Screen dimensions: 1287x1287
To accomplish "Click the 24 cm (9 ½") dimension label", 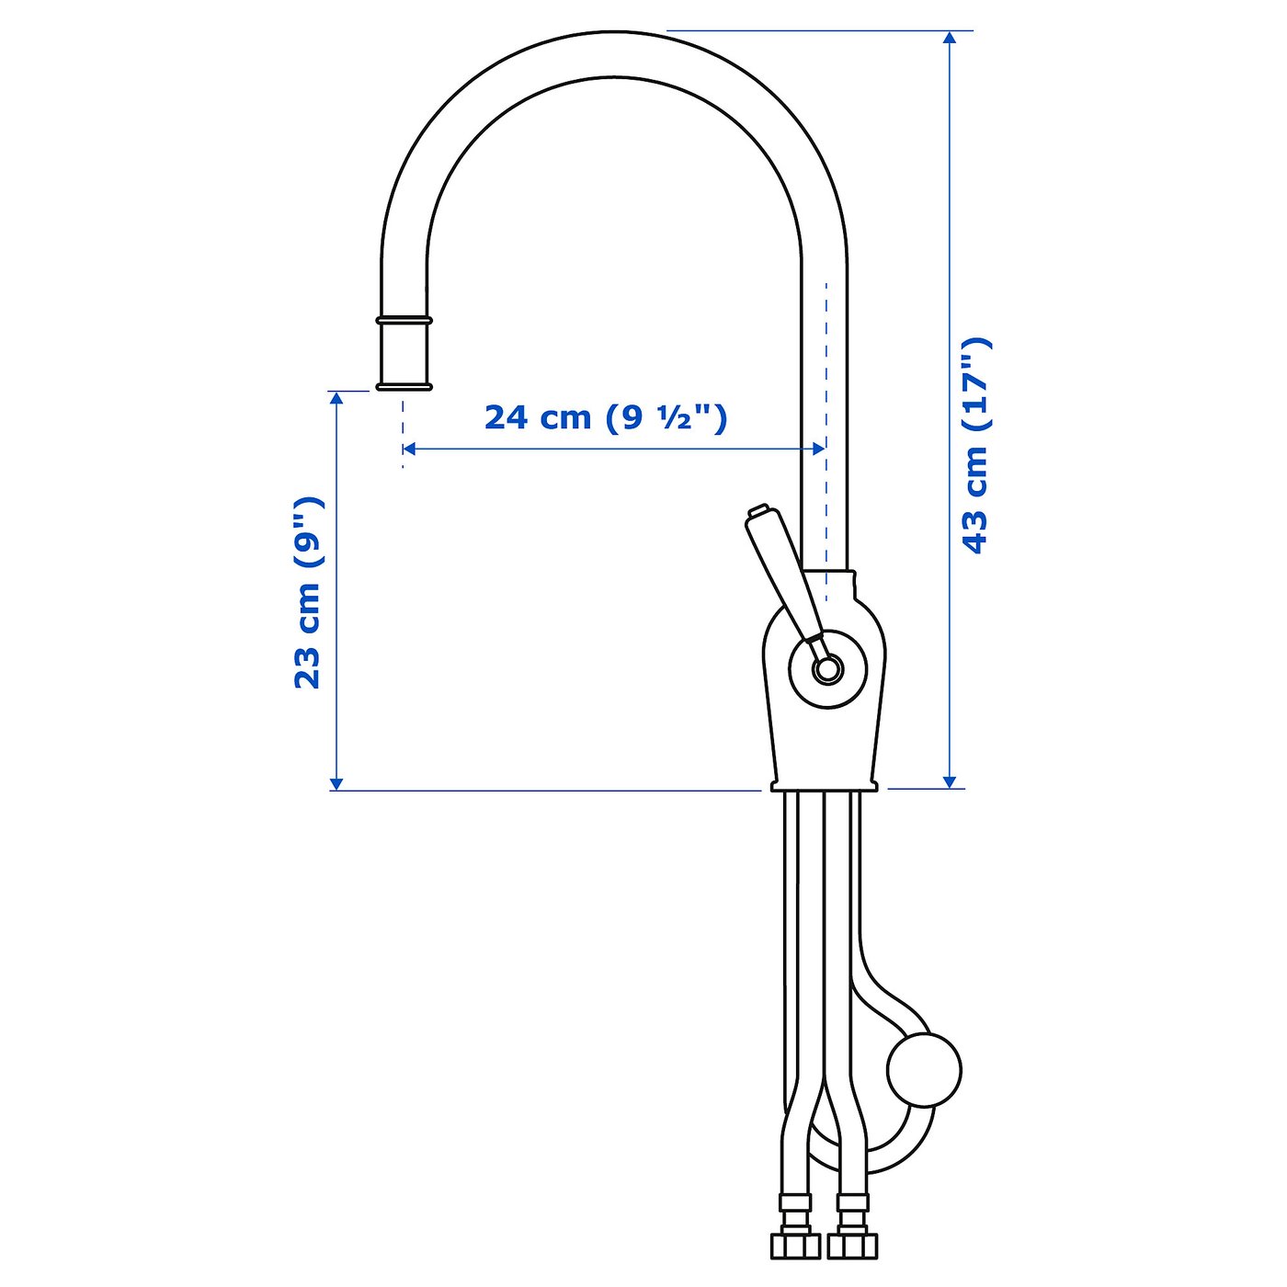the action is pos(604,419).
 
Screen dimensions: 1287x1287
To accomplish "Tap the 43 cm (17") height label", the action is pos(975,446).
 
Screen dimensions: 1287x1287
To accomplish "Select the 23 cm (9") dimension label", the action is pos(308,592).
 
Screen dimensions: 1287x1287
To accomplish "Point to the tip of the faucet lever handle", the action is pos(757,510).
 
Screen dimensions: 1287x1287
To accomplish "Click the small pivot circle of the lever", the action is pos(826,668).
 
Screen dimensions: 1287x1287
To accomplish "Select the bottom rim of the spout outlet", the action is pos(404,386).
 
